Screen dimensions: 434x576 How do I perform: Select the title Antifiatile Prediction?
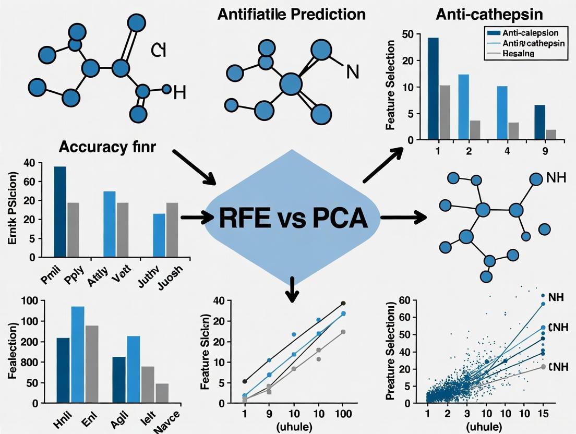pyautogui.click(x=291, y=13)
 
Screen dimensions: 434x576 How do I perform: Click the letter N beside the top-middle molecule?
pyautogui.click(x=353, y=71)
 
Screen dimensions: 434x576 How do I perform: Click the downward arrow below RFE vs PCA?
pyautogui.click(x=292, y=290)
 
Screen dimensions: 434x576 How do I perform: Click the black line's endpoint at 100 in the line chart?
pyautogui.click(x=343, y=303)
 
